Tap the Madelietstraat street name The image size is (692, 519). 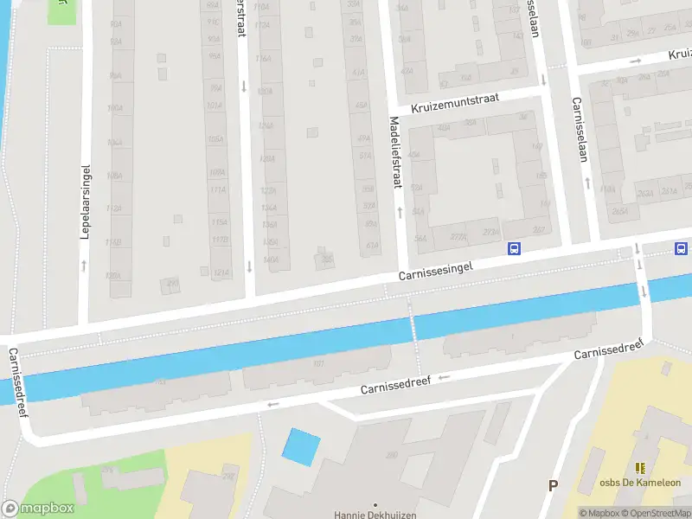pyautogui.click(x=396, y=152)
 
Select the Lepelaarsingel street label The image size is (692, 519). pyautogui.click(x=86, y=202)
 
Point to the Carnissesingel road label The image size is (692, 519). pyautogui.click(x=435, y=270)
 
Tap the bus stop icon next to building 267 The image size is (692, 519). pyautogui.click(x=514, y=249)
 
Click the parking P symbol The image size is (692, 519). pyautogui.click(x=553, y=485)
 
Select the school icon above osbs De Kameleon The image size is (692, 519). pyautogui.click(x=640, y=468)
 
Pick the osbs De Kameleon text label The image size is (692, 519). pyautogui.click(x=641, y=483)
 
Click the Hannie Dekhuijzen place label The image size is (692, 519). pyautogui.click(x=375, y=514)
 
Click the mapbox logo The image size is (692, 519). pyautogui.click(x=37, y=509)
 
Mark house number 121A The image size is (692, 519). pyautogui.click(x=221, y=273)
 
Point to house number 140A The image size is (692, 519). pyautogui.click(x=271, y=259)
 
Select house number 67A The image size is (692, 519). pyautogui.click(x=372, y=246)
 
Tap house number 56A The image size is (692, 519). pyautogui.click(x=421, y=239)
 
